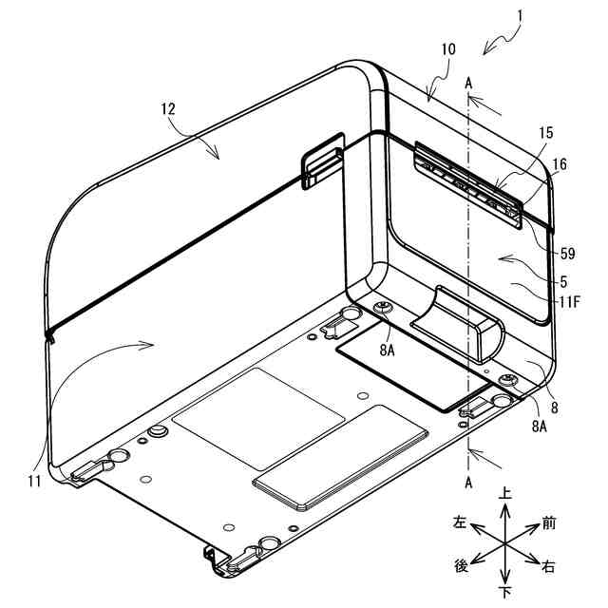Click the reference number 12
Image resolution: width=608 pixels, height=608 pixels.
(x=168, y=110)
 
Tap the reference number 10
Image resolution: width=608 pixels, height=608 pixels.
(x=447, y=48)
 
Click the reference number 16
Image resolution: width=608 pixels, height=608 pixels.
(x=560, y=164)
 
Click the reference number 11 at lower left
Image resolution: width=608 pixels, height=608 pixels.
(x=34, y=482)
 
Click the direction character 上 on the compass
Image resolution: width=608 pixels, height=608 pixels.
(x=505, y=494)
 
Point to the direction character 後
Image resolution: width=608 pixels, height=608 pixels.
(x=461, y=565)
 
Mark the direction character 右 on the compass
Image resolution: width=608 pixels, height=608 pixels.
(x=549, y=566)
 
